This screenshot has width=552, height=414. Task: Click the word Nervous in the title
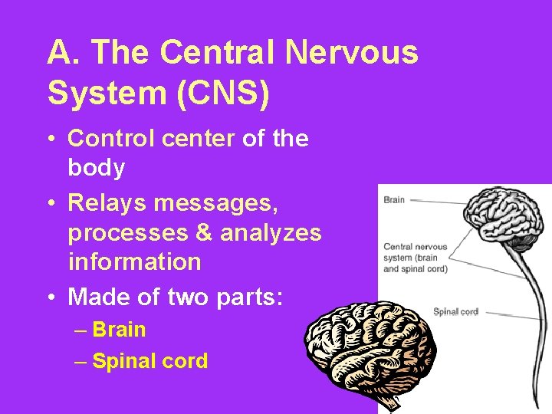pos(353,53)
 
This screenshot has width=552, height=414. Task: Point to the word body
pos(97,168)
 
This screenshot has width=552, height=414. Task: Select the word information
pos(134,261)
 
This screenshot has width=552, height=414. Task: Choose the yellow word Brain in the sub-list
pos(119,330)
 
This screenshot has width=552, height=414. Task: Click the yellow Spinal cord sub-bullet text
pos(149,361)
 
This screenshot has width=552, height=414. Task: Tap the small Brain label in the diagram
pos(394,200)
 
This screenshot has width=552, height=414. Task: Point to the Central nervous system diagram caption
pos(415,258)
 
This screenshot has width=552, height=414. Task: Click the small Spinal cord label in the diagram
pos(455,312)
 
